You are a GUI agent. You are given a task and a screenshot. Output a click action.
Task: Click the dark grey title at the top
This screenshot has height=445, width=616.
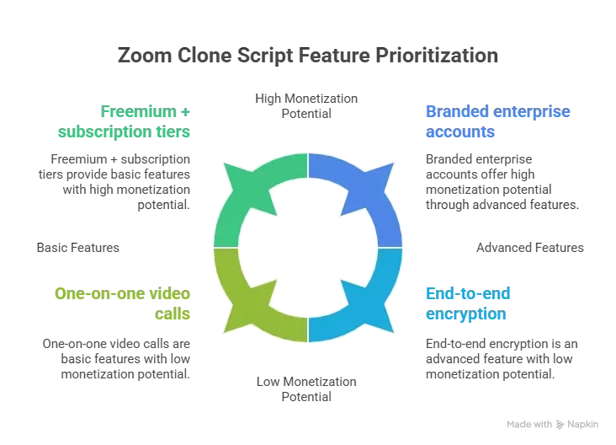307,58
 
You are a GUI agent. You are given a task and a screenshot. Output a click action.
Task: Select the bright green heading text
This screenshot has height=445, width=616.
148,122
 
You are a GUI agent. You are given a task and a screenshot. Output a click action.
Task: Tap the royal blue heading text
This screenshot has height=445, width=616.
486,123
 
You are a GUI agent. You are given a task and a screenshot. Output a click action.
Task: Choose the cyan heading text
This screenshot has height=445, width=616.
468,304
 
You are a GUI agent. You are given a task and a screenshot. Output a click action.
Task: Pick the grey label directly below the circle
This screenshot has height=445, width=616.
307,389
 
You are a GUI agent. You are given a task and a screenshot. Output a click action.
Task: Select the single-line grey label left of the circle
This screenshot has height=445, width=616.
77,249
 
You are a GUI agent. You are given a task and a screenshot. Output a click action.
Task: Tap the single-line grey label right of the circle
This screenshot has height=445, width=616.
527,249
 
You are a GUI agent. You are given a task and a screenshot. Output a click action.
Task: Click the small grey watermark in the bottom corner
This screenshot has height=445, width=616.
551,424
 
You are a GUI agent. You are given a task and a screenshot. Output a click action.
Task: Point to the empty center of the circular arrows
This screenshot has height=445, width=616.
308,249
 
